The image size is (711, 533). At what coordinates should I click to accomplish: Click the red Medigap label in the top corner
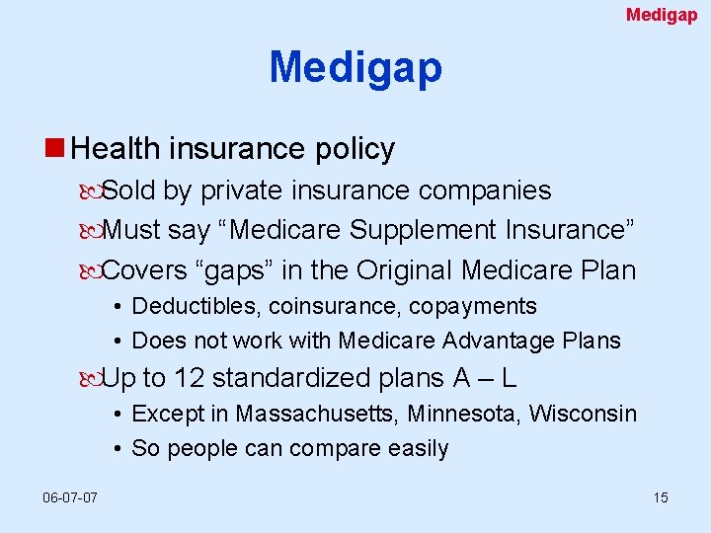point(662,15)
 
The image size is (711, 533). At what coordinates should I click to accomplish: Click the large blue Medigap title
point(355,68)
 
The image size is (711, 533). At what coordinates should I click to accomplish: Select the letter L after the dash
point(509,378)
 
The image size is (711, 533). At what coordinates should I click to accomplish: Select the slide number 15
point(660,497)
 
